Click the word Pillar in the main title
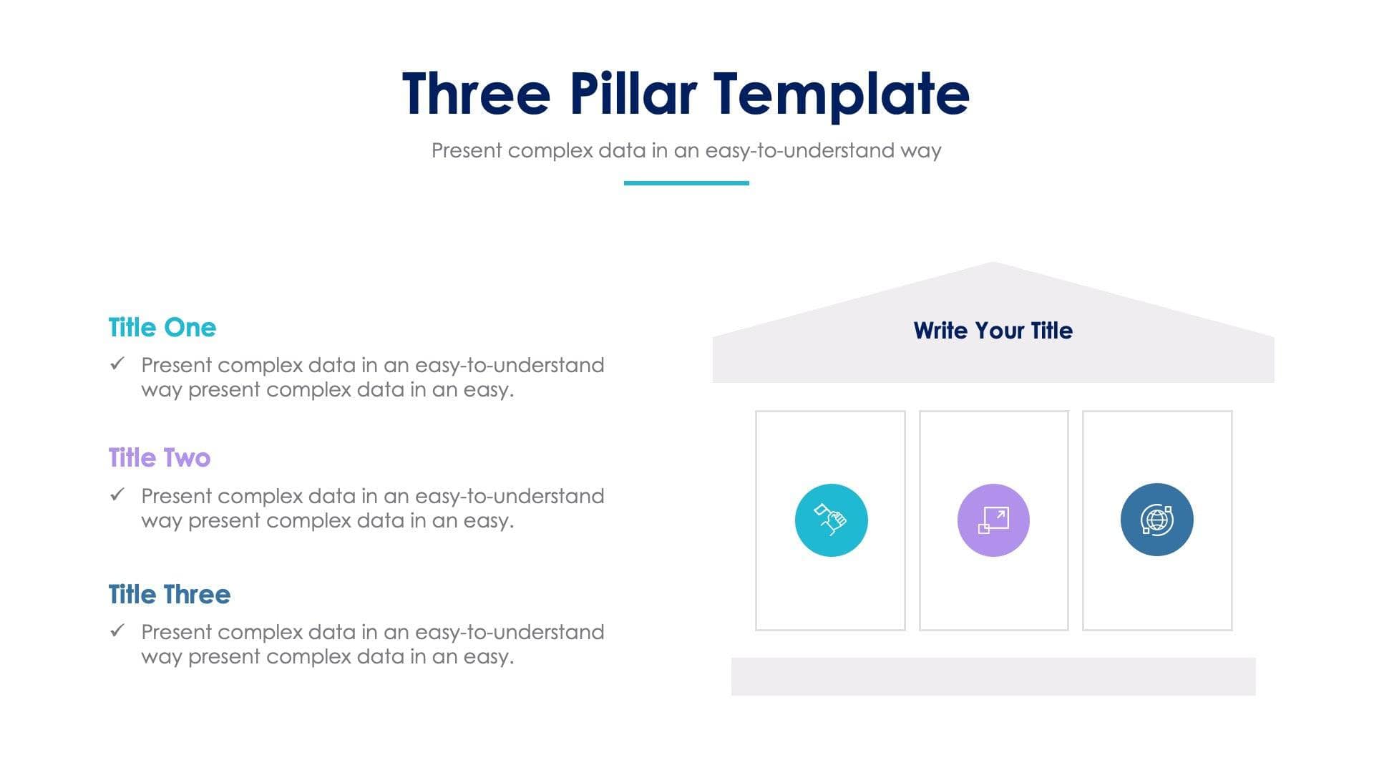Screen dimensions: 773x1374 pos(633,94)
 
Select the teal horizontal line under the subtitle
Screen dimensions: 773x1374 pos(686,183)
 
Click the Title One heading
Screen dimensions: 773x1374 pos(162,328)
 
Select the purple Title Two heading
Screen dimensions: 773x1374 pos(159,458)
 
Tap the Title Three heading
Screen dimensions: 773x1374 pos(169,595)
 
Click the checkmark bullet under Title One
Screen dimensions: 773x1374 pos(117,364)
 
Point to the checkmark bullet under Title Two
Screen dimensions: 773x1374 pos(117,495)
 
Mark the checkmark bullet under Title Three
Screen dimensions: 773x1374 pos(117,631)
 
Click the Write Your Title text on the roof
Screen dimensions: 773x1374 pos(993,331)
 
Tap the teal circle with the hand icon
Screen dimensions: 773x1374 pos(831,520)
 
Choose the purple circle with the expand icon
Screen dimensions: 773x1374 pos(993,520)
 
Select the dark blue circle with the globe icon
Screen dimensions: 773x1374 pos(1156,520)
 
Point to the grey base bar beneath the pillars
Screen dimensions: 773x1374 pos(993,676)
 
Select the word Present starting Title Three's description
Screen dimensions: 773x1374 pos(176,632)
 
